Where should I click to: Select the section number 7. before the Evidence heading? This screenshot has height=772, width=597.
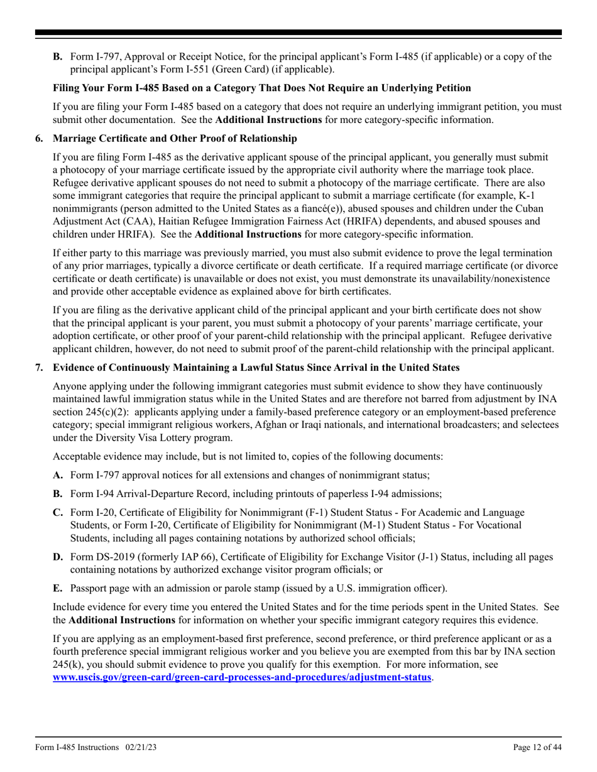pos(39,367)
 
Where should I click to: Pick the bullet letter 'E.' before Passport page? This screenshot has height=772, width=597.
pos(58,588)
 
